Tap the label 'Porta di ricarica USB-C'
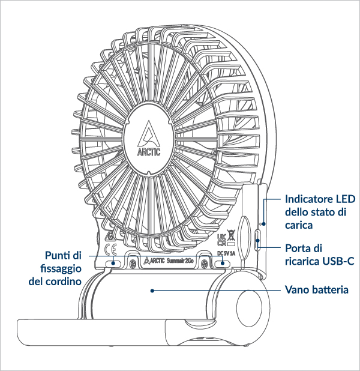(x=319, y=254)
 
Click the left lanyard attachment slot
(x=113, y=263)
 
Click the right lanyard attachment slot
(x=223, y=264)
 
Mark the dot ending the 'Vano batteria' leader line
(x=152, y=290)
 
